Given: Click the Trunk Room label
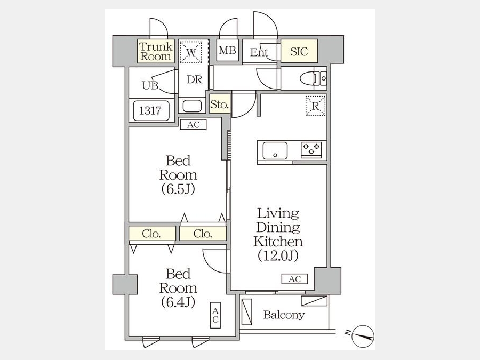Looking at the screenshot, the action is tap(156, 51).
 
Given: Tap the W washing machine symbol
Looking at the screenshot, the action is tap(190, 52).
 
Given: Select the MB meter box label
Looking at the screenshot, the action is tap(227, 50).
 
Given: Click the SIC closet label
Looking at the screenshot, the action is tap(299, 51).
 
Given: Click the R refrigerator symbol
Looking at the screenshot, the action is tap(315, 106).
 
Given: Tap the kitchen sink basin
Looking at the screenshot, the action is tap(275, 150).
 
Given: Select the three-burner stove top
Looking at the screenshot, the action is tap(311, 150).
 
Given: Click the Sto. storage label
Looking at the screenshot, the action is tap(220, 105).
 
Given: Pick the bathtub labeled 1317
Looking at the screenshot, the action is tap(151, 110).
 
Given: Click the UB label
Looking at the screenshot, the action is tap(150, 86).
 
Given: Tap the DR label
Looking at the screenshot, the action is tap(194, 79).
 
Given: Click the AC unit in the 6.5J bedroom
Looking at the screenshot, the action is tap(193, 125).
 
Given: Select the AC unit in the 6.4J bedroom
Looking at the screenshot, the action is tap(215, 315).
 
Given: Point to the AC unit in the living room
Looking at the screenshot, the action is tap(295, 279).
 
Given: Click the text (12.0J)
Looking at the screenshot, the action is tap(278, 255).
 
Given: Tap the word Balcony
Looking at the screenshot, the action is tap(284, 315).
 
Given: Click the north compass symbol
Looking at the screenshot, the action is tap(363, 337).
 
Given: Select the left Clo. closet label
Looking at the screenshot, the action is tap(151, 234).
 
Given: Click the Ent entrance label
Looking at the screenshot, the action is tap(259, 52).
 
